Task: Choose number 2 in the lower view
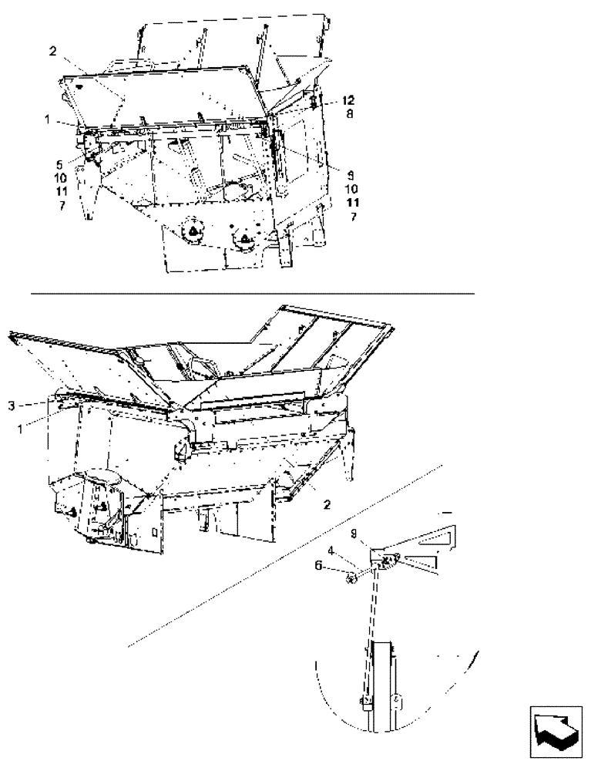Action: [327, 505]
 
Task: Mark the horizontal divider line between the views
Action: [253, 293]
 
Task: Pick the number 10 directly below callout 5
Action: [61, 177]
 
